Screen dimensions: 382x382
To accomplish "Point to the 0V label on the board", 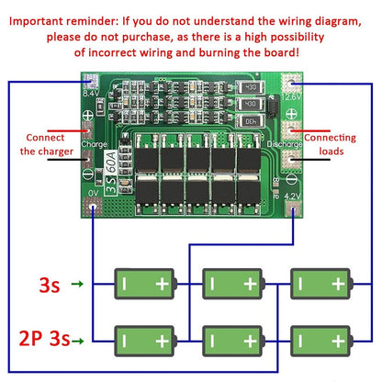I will [93, 194].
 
